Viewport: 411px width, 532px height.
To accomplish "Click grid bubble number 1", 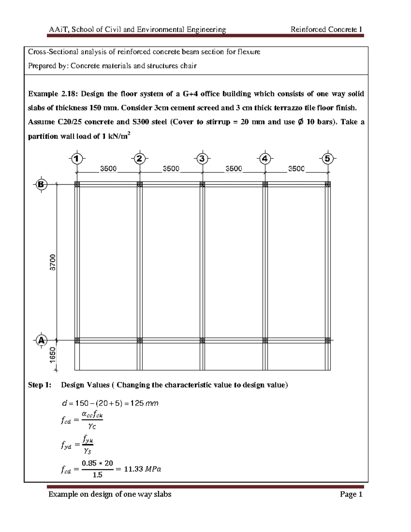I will click(x=77, y=159).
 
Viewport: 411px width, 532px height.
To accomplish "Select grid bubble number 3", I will click(x=202, y=159).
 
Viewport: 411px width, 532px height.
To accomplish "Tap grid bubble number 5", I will click(x=328, y=159).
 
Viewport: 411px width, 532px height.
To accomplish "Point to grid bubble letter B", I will click(x=41, y=184).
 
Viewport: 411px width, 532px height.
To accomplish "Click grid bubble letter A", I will click(x=41, y=341).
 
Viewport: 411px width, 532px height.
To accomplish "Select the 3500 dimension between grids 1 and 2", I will click(x=108, y=169).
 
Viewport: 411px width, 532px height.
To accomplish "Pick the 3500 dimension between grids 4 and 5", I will click(x=296, y=169).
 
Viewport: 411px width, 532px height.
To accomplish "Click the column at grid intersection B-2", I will click(x=140, y=184).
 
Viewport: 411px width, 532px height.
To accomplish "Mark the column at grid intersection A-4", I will click(x=265, y=341).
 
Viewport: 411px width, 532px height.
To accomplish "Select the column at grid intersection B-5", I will click(x=328, y=184).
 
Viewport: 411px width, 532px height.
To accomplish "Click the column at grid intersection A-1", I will click(x=77, y=341).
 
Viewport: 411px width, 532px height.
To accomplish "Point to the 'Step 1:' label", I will click(x=40, y=385).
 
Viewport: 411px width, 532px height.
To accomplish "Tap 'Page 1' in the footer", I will click(x=351, y=494).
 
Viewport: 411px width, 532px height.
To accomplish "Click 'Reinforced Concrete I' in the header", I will click(x=326, y=29).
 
